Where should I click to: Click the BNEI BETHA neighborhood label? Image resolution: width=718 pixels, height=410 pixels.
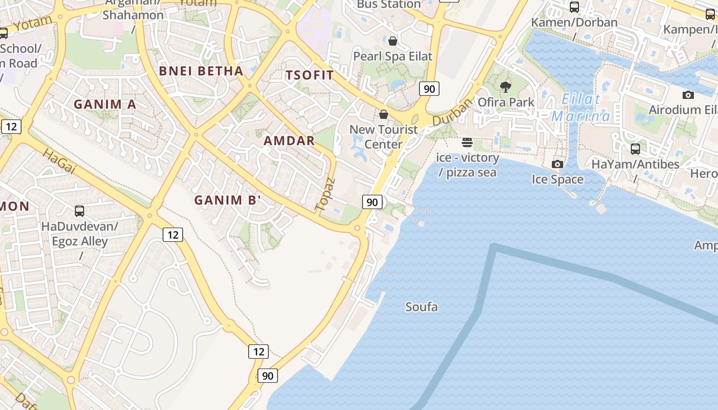point(201,71)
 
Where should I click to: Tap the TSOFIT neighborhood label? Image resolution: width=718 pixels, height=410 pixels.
point(310,75)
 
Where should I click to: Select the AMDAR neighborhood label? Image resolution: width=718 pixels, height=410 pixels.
point(289,140)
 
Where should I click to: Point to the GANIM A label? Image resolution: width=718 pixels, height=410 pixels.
point(105,105)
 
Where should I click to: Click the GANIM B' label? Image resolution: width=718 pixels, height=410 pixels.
point(228,200)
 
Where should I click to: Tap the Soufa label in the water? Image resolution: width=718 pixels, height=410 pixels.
point(422,307)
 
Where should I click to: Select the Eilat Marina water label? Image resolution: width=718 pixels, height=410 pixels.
point(581,108)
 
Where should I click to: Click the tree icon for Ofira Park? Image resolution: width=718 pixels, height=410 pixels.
point(506,87)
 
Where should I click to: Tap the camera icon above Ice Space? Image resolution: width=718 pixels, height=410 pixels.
point(557,164)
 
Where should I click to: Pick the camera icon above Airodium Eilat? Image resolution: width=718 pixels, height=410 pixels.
point(688,95)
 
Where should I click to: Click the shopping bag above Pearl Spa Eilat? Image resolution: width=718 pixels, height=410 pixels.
point(393,41)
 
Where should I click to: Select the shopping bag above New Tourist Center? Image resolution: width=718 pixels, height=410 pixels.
point(383,114)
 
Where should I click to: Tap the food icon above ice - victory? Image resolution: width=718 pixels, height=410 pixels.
point(467,142)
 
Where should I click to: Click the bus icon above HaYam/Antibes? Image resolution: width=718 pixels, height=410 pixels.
point(635,149)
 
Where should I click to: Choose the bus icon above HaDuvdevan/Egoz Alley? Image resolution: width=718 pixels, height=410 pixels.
point(79,211)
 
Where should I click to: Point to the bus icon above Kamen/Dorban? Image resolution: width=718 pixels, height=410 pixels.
point(574,7)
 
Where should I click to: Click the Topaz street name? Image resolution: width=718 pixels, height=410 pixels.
point(325,195)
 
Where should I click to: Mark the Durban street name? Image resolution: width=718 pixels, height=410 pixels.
point(452,112)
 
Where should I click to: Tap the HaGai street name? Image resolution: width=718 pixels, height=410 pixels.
point(58,161)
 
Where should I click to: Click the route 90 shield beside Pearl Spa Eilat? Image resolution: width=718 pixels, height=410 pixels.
point(429,89)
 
